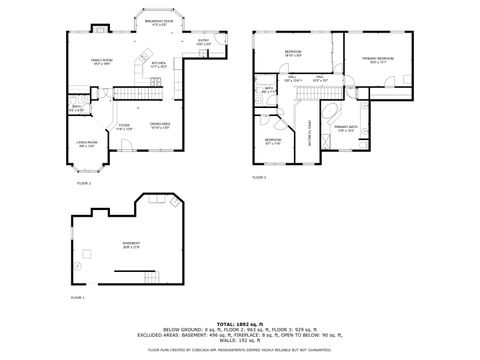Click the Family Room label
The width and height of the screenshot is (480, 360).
(101, 60)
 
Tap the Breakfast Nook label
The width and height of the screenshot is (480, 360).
(160, 22)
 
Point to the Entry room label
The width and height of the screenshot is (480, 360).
(203, 42)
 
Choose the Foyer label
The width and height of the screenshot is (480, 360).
(124, 128)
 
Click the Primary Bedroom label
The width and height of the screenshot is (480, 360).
(378, 60)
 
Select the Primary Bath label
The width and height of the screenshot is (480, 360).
(346, 128)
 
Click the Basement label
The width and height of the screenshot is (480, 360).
(131, 245)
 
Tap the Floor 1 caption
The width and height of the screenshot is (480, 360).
(78, 298)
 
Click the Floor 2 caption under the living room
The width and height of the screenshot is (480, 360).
(84, 184)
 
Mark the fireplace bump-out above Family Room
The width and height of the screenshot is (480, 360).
(100, 27)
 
